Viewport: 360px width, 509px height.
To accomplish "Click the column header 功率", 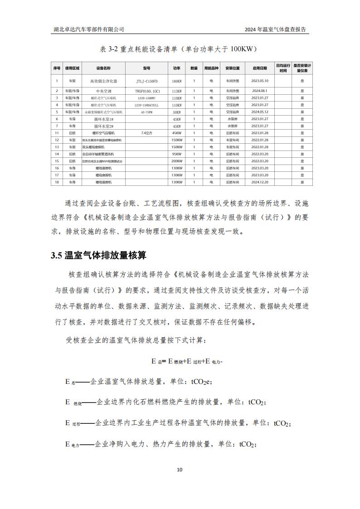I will point(176,68).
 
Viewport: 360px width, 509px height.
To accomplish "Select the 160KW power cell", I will point(176,81).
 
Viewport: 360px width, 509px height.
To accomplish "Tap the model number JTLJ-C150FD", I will point(146,81).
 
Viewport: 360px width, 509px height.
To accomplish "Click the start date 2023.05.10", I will point(260,81).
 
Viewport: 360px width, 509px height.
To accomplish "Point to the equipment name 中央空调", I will point(103,91).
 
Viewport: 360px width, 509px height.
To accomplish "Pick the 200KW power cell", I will point(176,161).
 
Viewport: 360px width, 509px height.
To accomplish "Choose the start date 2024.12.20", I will point(260,182).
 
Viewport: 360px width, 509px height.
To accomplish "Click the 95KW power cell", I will point(176,154).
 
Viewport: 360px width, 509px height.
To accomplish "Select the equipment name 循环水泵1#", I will point(103,119).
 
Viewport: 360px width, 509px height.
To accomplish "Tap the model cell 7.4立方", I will point(146,133).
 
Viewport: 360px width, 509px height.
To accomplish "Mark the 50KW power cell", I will point(176,112).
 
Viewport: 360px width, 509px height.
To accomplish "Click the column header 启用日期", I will point(260,68).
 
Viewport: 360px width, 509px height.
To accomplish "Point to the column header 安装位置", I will point(233,68).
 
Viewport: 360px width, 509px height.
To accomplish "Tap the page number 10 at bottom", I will point(180,470).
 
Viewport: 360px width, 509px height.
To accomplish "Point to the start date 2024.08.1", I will point(260,91).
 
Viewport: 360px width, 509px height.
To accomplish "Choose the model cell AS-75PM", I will point(146,112).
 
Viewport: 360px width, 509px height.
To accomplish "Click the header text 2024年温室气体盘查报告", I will point(275,29).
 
